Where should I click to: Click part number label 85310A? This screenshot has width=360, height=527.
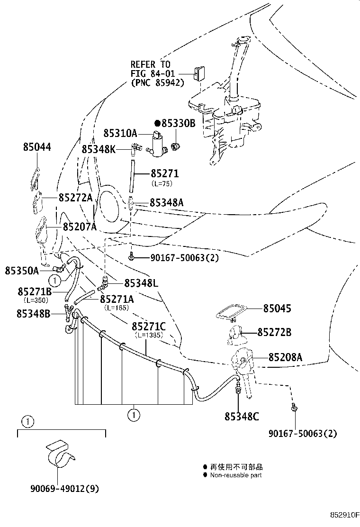click(x=120, y=133)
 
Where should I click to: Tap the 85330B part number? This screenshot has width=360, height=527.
click(x=178, y=123)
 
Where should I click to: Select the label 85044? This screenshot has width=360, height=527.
click(x=37, y=147)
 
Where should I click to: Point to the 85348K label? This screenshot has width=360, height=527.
click(x=99, y=149)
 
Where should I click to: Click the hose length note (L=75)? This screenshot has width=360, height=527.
click(x=162, y=184)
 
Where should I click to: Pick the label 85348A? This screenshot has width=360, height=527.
click(x=166, y=202)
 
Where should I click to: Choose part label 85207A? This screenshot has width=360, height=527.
click(x=80, y=227)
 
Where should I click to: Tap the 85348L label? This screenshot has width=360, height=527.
click(x=141, y=283)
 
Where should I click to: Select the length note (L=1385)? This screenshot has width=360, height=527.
click(x=149, y=335)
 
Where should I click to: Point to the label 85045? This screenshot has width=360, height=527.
click(x=277, y=308)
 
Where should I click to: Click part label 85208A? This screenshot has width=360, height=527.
click(x=285, y=357)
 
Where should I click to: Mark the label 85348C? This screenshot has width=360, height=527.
click(x=242, y=417)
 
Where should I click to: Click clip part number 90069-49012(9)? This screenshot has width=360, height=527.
click(x=65, y=488)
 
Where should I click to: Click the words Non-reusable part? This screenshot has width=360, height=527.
click(x=236, y=475)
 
